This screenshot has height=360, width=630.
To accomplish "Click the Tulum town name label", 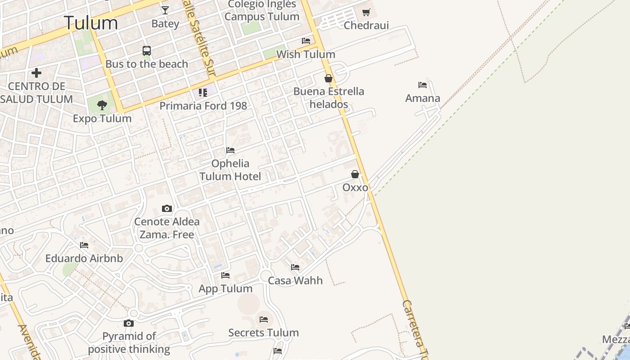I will (x=91, y=23).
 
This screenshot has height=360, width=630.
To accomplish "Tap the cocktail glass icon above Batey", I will (x=165, y=10).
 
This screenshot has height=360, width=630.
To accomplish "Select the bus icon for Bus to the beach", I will (x=147, y=51).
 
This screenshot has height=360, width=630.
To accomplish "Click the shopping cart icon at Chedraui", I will (x=366, y=12).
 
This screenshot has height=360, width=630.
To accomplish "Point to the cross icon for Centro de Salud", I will (x=36, y=72).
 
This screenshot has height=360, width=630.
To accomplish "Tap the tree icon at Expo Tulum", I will (x=102, y=105).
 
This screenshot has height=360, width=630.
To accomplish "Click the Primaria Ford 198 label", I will (x=203, y=106).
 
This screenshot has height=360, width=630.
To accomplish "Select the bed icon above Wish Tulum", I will (x=306, y=41).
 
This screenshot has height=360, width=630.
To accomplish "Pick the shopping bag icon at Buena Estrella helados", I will (x=328, y=78).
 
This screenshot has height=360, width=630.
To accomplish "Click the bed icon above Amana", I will (x=422, y=85).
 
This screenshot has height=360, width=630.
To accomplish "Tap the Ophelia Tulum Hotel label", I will (x=230, y=170).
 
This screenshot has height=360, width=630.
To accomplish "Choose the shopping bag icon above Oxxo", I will (x=355, y=174).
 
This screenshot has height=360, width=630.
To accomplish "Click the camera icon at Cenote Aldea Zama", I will (x=167, y=208).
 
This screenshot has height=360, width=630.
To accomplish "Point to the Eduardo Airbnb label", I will (x=84, y=259).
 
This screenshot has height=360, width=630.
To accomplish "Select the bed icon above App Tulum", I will (x=225, y=275).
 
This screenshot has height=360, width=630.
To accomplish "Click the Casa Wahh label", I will (x=295, y=280).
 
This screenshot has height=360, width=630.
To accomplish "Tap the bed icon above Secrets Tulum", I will (x=264, y=319).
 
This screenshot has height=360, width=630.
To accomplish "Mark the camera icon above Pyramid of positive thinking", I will (x=129, y=323).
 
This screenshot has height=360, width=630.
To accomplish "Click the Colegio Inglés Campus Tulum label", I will (x=262, y=10).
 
